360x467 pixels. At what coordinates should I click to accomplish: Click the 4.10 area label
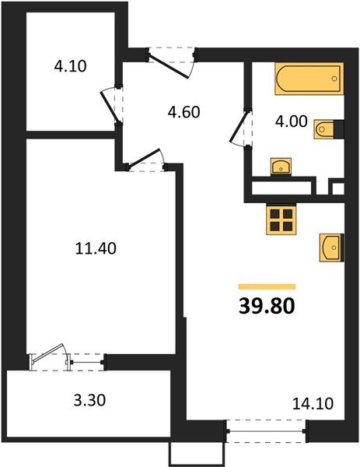pos(70,66)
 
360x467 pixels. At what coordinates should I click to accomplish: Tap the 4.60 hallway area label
pos(184,111)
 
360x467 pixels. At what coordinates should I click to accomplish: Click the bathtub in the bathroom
pos(309,82)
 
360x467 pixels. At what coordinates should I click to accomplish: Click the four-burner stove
pos(281,219)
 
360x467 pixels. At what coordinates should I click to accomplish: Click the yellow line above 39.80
pos(267,287)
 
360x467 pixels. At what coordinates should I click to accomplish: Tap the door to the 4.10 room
pos(111,104)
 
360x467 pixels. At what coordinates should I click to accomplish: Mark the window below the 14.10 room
pos(267,429)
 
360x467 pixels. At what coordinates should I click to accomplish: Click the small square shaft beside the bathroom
pos(337,188)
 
